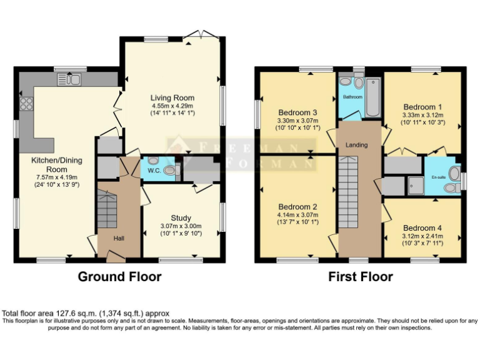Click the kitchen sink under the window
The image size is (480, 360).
69,79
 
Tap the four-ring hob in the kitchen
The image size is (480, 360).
27,104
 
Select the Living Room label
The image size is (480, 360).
172,98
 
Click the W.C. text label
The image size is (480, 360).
154,171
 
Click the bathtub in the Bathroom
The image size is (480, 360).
373,97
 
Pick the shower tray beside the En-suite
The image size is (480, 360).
412,184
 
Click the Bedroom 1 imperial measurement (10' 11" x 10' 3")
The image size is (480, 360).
422,122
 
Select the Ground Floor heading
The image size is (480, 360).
119,276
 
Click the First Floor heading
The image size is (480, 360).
361,276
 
